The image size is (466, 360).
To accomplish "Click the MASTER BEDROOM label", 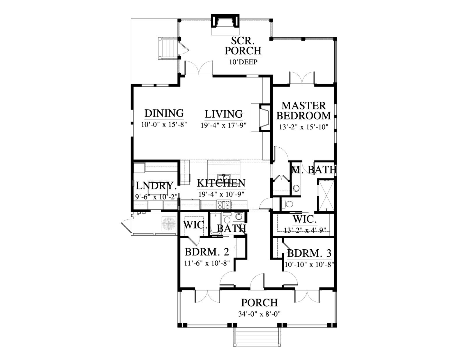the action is pos(303,111).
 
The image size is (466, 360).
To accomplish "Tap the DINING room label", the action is pos(164,113).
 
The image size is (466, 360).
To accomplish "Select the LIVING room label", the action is pos(224,114).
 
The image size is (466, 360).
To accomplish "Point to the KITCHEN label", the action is pos(221,183).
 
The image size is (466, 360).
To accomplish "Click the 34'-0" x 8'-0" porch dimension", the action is pos(260,314).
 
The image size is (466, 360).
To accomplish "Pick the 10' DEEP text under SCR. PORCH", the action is pos(243,62).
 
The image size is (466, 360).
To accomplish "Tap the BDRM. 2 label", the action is pos(207,252).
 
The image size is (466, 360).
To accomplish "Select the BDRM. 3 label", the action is pos(309,253).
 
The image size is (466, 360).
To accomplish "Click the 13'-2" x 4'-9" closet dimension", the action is pos(305,230).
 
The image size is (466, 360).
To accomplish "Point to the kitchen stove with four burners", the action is pos(224,204).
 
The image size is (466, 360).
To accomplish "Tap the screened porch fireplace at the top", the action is pos(225,24).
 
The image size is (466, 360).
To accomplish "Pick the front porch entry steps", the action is pos(257,338).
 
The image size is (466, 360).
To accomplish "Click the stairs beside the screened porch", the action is pos(168,48).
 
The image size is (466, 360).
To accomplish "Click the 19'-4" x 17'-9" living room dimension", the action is pos(223,125).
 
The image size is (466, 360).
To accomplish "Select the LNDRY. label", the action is pos(156,186).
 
